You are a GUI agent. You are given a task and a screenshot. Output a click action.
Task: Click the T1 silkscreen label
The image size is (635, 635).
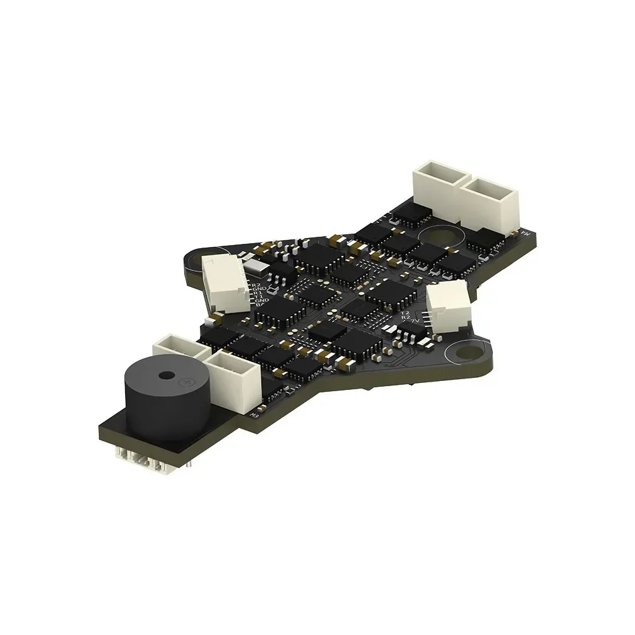click(x=258, y=296)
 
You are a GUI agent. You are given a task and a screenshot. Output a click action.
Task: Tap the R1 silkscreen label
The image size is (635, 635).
click(x=257, y=291)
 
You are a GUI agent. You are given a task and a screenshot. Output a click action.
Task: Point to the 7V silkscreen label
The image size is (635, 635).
click(x=416, y=322)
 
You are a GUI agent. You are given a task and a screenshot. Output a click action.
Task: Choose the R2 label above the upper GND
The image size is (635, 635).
click(x=256, y=284)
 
